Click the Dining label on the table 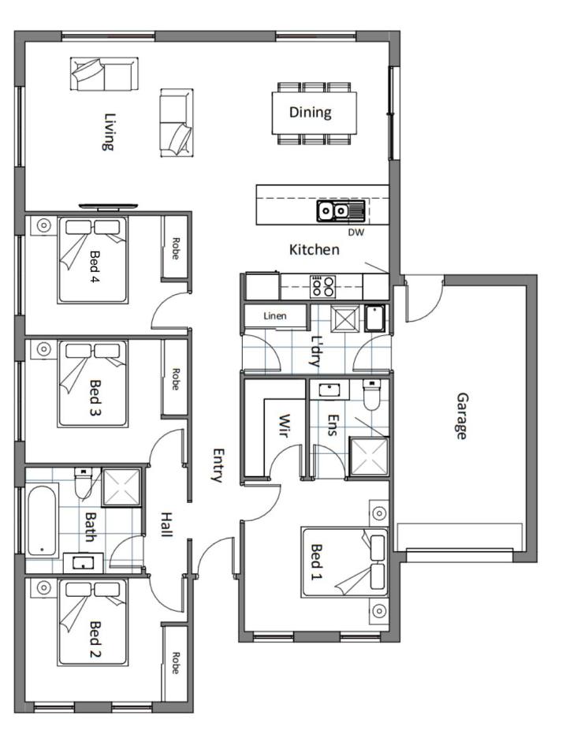(x=310, y=112)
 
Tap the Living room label (x=110, y=132)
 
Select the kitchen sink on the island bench (x=341, y=211)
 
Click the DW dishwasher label (x=356, y=232)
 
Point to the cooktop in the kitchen (x=323, y=287)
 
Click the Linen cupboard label (x=274, y=315)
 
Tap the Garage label (x=462, y=415)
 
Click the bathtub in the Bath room (x=42, y=520)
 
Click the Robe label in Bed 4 (x=175, y=248)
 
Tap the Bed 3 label (x=95, y=397)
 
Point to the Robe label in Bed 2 (x=175, y=663)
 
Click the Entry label (x=218, y=465)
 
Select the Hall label (x=166, y=524)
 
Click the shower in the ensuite (x=369, y=456)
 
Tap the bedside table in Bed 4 (x=43, y=225)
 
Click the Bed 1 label (x=317, y=561)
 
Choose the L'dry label (x=316, y=351)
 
